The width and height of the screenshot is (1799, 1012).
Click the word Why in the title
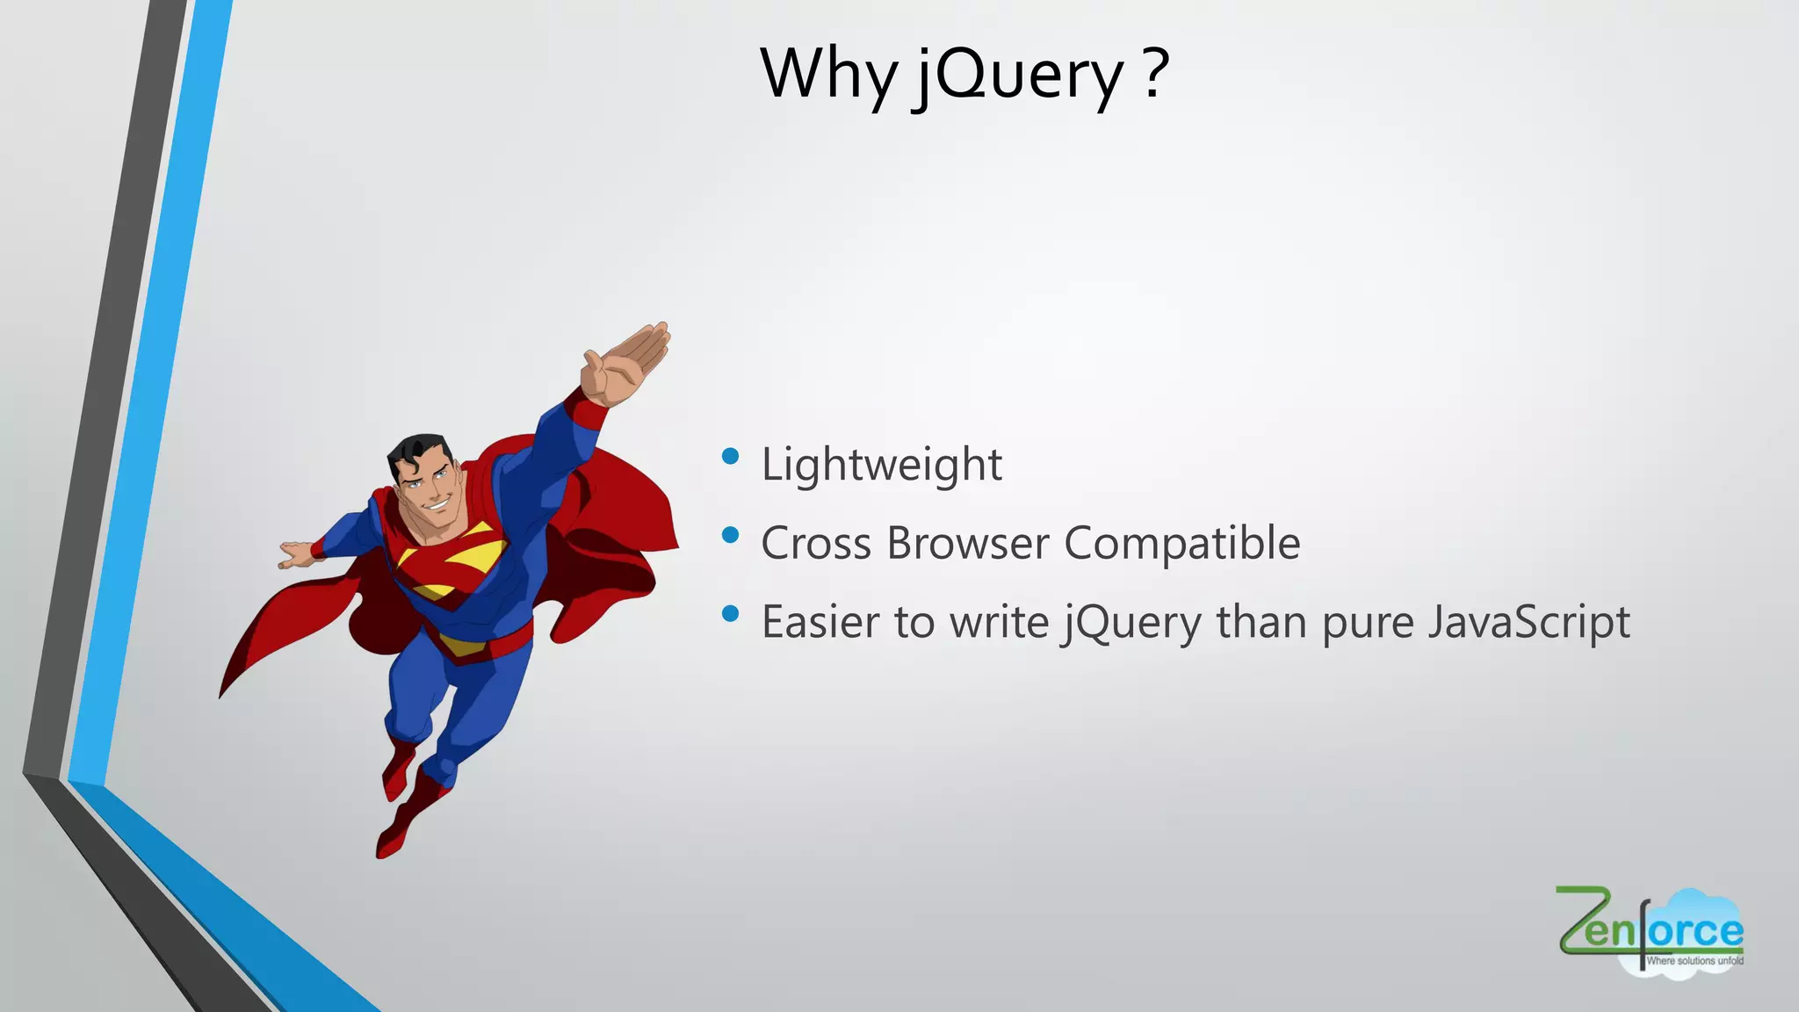point(827,75)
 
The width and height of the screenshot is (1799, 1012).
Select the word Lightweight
point(881,464)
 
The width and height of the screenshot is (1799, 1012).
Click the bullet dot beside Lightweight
point(730,456)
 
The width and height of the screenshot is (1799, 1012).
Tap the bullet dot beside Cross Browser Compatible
point(730,535)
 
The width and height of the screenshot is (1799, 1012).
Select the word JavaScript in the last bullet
point(1528,622)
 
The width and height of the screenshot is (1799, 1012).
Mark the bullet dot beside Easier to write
point(730,614)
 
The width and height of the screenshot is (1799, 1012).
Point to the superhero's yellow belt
point(461,647)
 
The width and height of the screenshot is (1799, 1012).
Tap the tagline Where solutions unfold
point(1694,961)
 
